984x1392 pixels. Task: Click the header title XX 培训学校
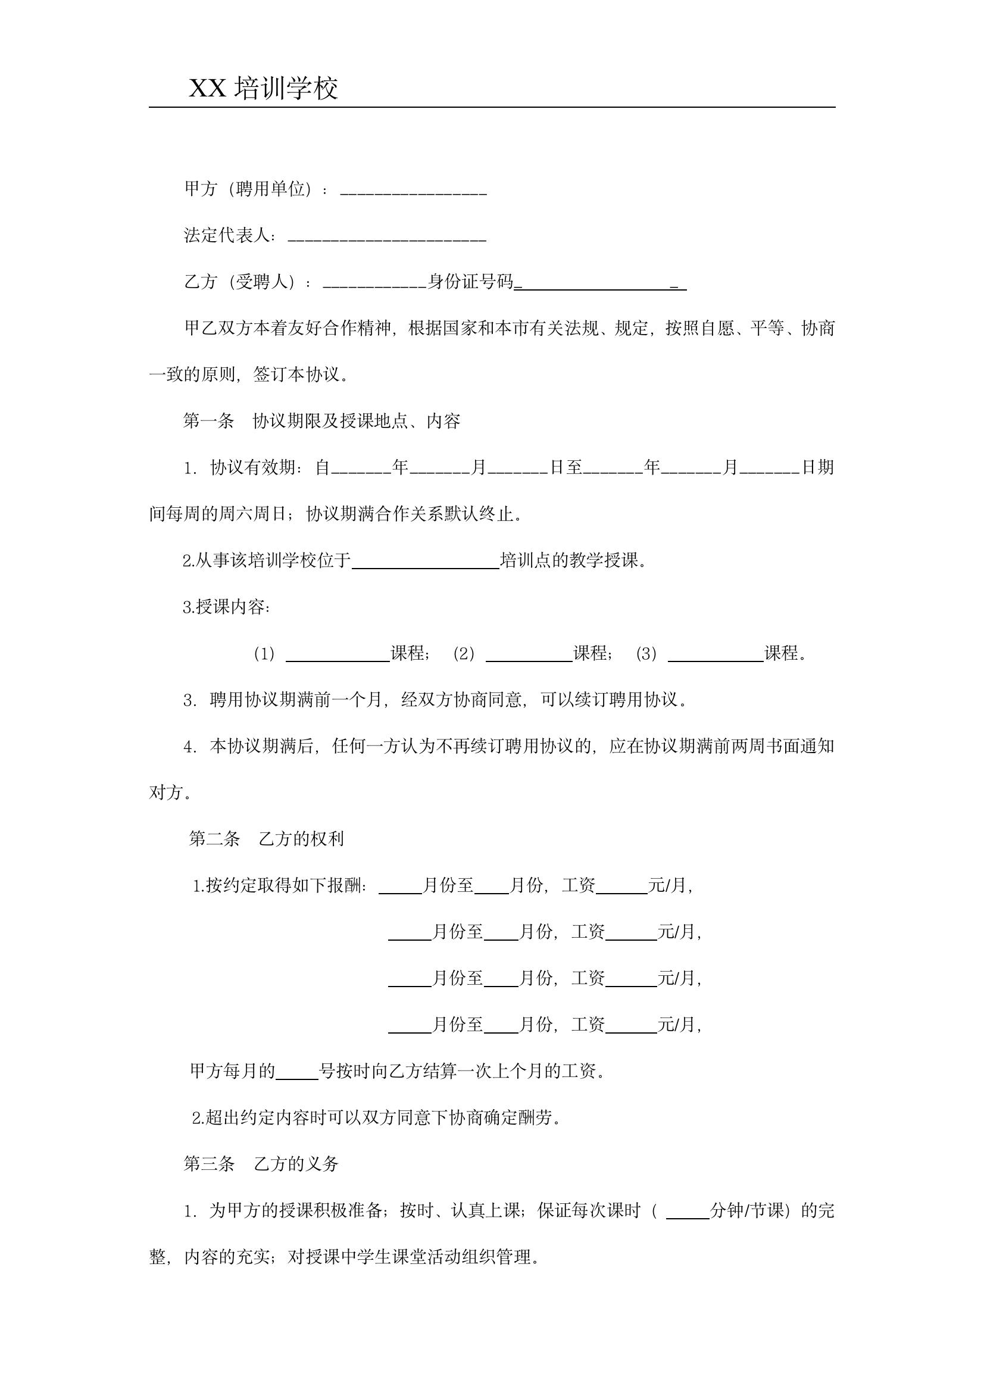click(x=263, y=89)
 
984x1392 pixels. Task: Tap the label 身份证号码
click(x=470, y=281)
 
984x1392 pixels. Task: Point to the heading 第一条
click(x=208, y=421)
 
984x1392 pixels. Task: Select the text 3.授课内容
click(x=226, y=607)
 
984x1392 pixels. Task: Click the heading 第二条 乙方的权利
click(x=266, y=839)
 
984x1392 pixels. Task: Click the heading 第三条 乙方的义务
click(x=261, y=1164)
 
